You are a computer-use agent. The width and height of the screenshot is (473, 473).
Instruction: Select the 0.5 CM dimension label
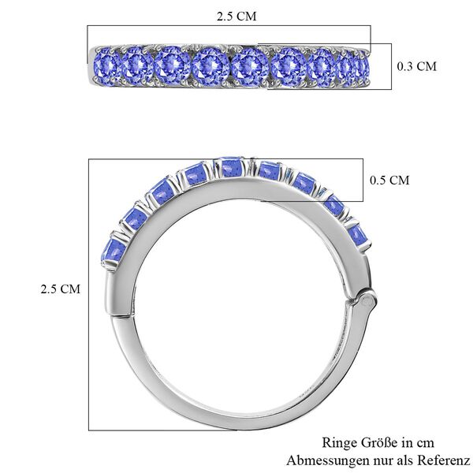click(389, 181)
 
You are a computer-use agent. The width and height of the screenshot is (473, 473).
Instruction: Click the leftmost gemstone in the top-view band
click(105, 65)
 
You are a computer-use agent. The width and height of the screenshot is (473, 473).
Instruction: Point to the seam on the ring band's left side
click(118, 317)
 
